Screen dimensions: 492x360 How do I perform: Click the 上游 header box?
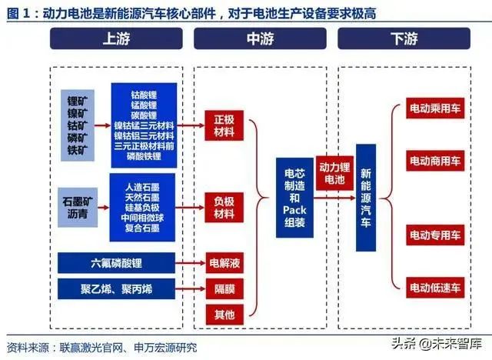(116, 38)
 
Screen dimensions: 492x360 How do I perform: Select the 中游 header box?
(260, 38)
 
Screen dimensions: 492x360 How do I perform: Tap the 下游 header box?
(404, 38)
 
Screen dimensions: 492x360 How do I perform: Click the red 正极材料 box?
(224, 125)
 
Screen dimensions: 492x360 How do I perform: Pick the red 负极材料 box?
(224, 207)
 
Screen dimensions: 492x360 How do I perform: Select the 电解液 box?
(224, 263)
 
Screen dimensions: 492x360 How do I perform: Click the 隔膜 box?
(224, 288)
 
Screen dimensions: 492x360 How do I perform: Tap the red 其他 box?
(224, 314)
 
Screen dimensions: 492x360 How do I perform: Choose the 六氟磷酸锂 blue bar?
(116, 263)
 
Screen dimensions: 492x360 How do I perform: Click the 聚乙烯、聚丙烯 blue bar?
(116, 288)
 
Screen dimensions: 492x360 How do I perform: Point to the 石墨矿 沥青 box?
(78, 207)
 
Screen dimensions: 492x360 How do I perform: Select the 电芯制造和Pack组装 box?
(294, 198)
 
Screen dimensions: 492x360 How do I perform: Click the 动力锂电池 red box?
(334, 173)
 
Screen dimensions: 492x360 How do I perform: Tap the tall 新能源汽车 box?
(366, 198)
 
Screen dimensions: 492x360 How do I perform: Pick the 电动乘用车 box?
(435, 108)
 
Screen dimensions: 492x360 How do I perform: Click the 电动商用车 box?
(435, 161)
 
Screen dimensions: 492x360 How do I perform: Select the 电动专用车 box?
(435, 235)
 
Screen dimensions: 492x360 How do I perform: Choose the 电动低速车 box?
(435, 288)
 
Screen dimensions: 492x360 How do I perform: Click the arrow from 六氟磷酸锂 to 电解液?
(191, 263)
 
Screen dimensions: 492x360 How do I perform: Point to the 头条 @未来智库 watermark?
(437, 343)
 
